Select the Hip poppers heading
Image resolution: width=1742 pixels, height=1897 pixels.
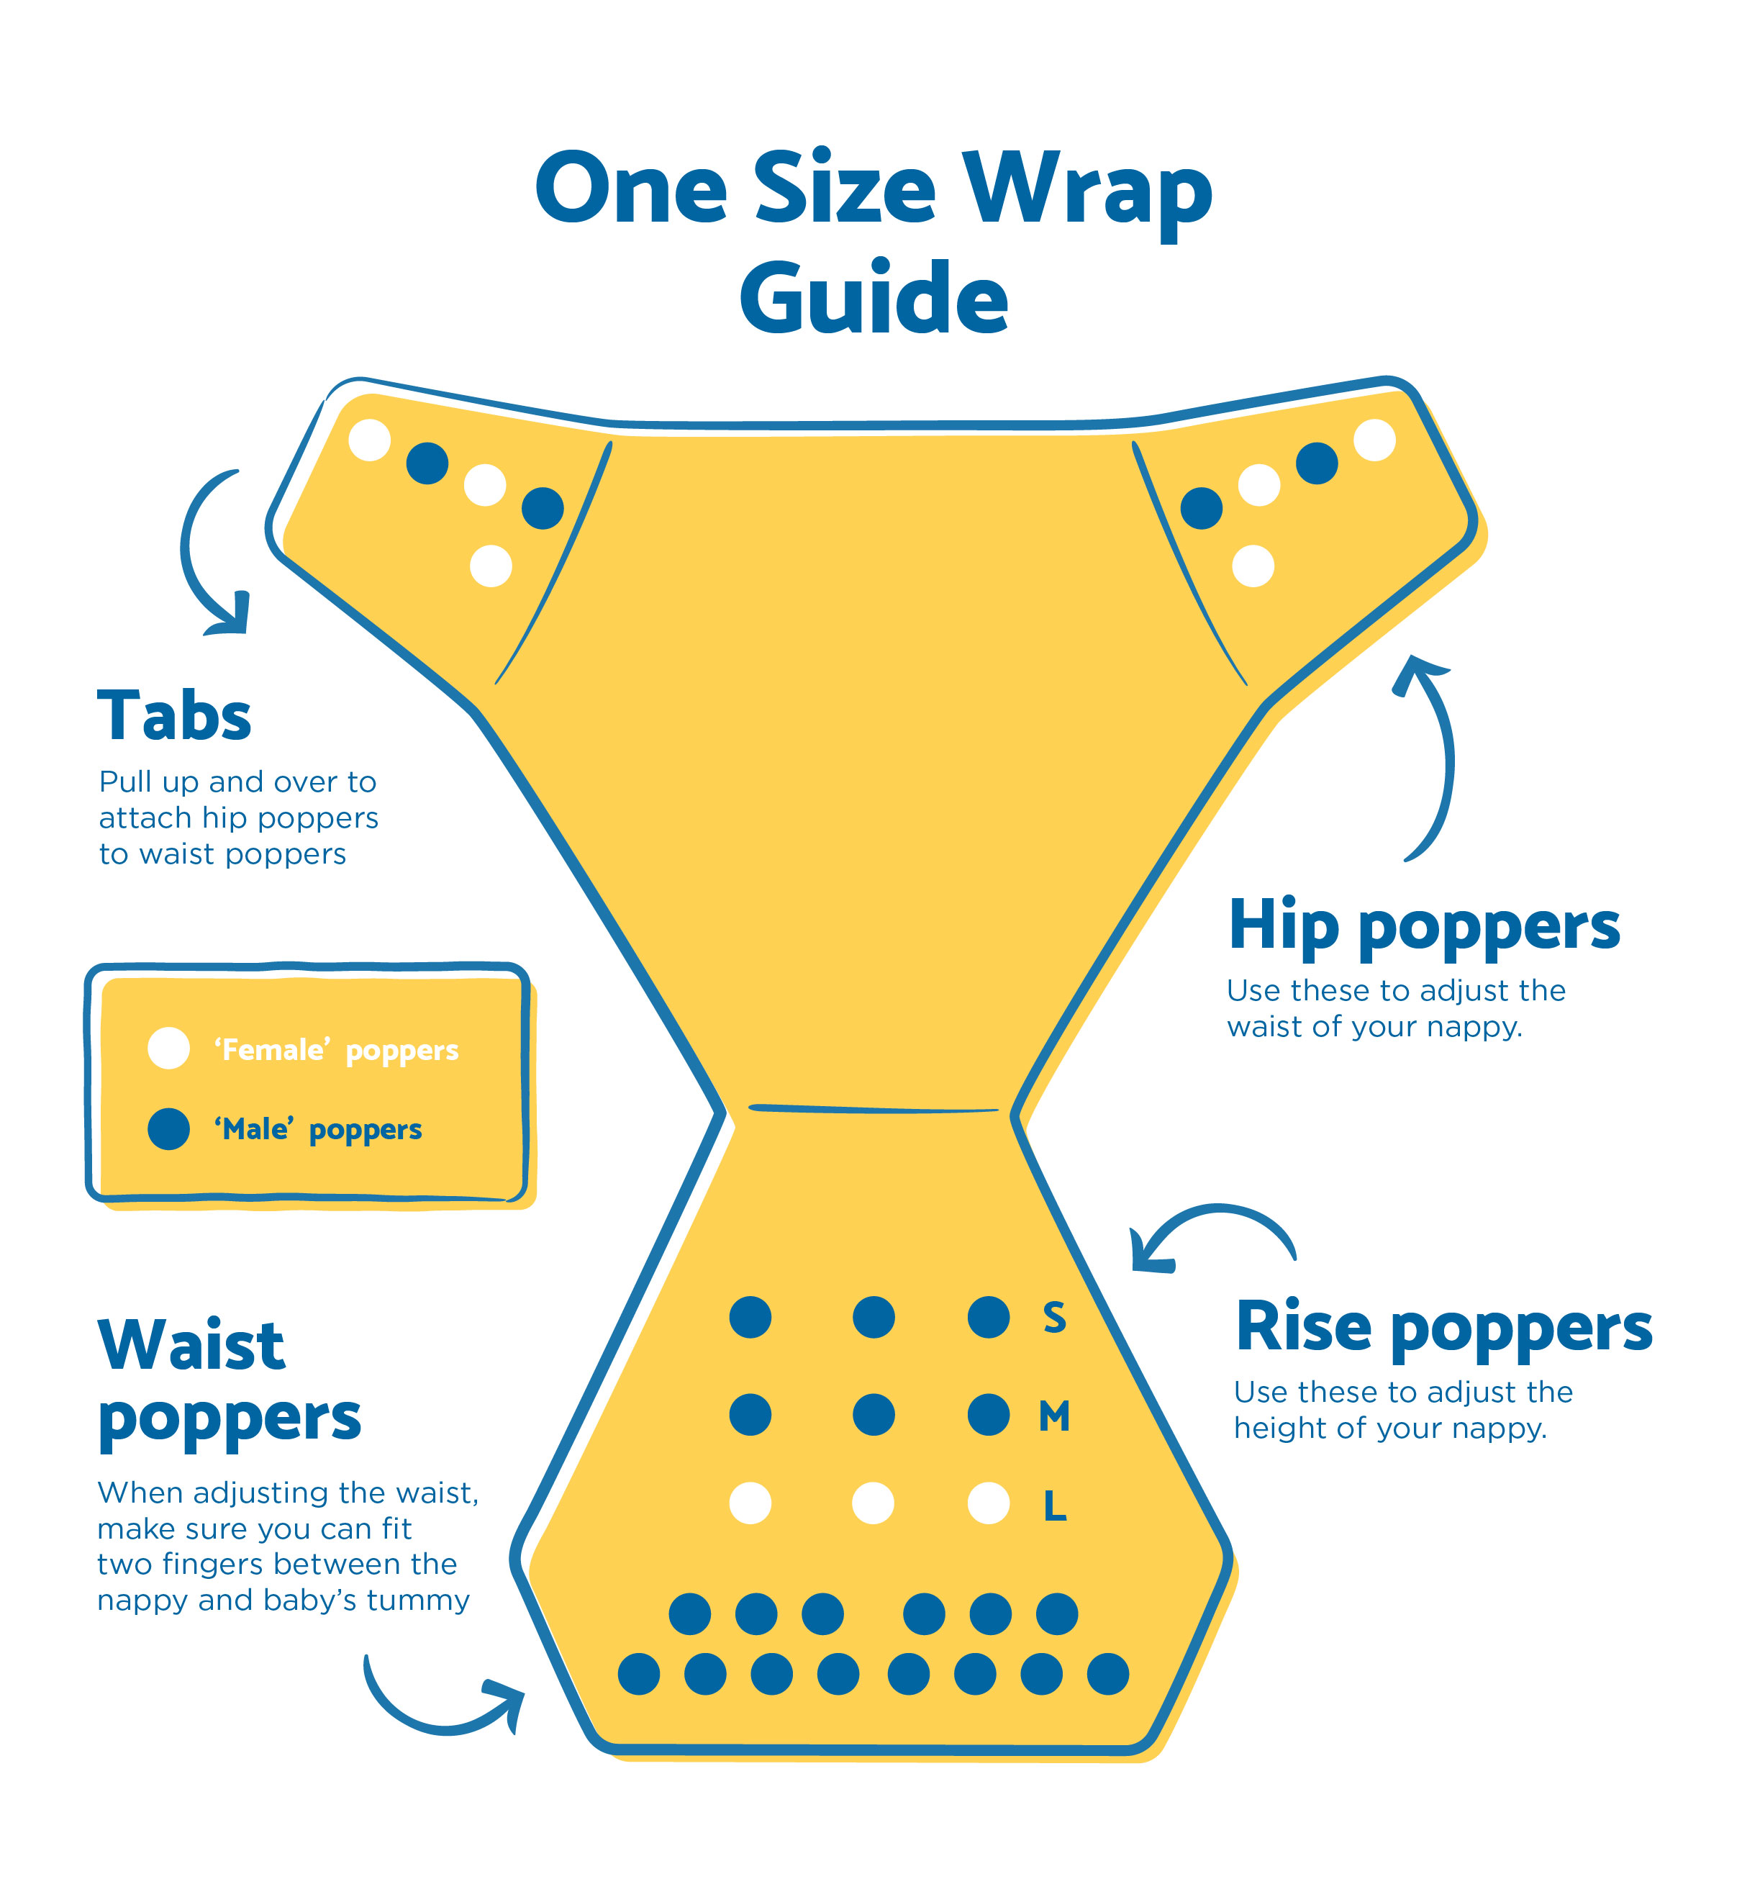(1425, 928)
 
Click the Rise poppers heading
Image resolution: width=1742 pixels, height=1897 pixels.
(1443, 1329)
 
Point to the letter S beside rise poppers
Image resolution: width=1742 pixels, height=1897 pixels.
(1055, 1317)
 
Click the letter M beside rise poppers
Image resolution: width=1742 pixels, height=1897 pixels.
(1055, 1416)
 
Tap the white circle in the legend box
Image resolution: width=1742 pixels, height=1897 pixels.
(169, 1049)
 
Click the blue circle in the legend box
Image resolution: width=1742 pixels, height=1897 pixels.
(169, 1128)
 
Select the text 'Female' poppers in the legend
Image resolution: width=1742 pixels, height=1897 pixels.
(337, 1050)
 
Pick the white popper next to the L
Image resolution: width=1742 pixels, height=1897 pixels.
(989, 1503)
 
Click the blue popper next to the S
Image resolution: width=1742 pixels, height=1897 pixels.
(989, 1317)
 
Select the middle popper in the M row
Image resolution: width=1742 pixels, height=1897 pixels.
(874, 1416)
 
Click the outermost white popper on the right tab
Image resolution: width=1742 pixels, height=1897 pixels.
(1374, 440)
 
